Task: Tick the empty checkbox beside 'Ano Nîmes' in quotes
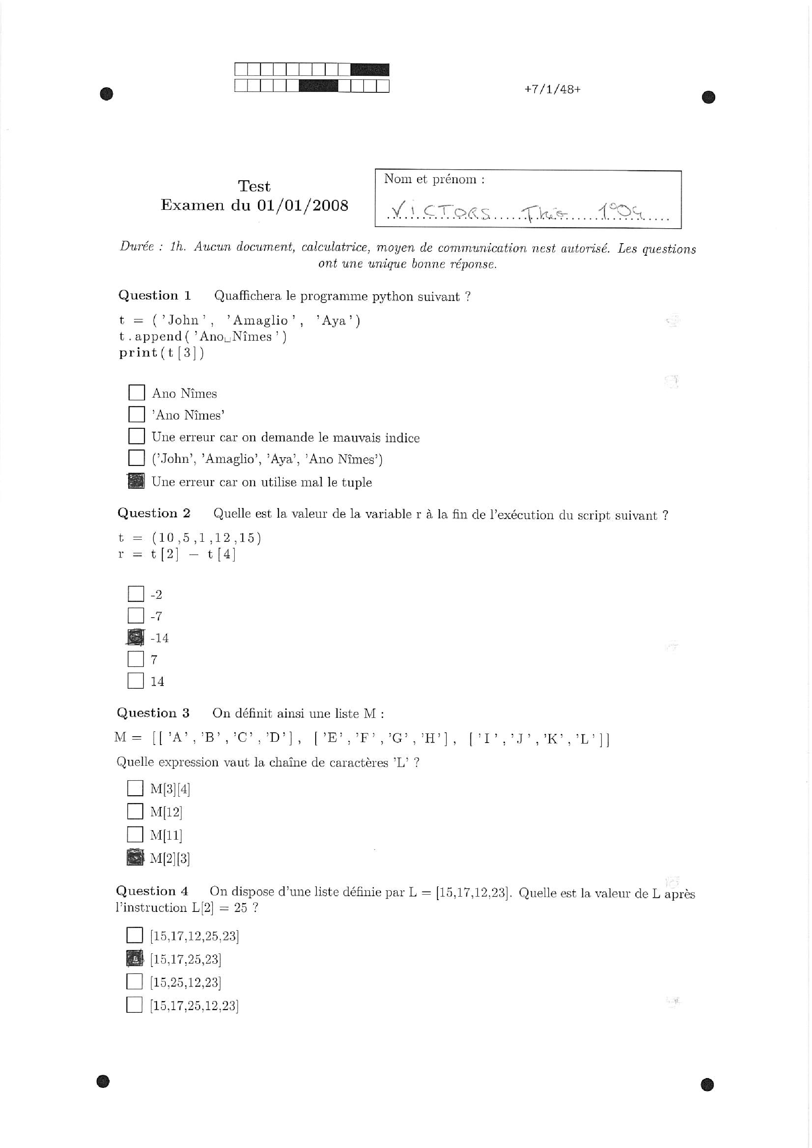coord(137,414)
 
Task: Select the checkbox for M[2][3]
coord(135,858)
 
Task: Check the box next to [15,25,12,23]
coord(134,981)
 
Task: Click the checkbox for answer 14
coord(136,680)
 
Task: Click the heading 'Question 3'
coord(153,713)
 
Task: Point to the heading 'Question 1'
coord(154,295)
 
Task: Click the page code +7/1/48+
coord(552,90)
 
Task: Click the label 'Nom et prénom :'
coord(434,180)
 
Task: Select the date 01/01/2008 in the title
coord(303,205)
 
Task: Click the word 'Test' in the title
coord(254,187)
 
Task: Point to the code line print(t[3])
coord(162,353)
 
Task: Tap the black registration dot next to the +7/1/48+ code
coord(708,97)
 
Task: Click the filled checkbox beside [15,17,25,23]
coord(134,959)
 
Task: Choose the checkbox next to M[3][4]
coord(135,789)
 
